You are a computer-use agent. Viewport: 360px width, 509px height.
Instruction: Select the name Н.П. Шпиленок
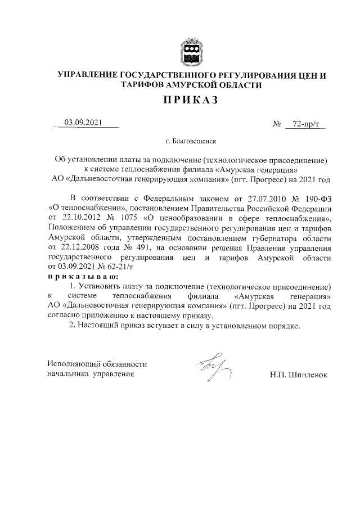tap(298, 374)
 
